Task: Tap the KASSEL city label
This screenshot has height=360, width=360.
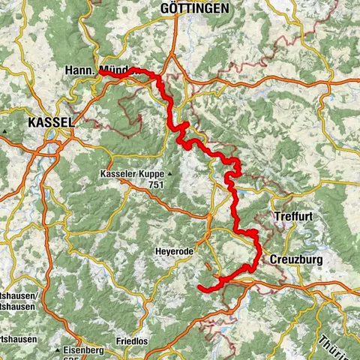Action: [x=50, y=121]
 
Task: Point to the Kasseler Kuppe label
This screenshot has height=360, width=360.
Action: [x=128, y=174]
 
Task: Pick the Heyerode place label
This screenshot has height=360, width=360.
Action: [x=175, y=251]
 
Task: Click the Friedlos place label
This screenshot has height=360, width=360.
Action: [x=132, y=341]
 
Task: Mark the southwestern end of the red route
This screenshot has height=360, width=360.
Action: [x=199, y=287]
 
